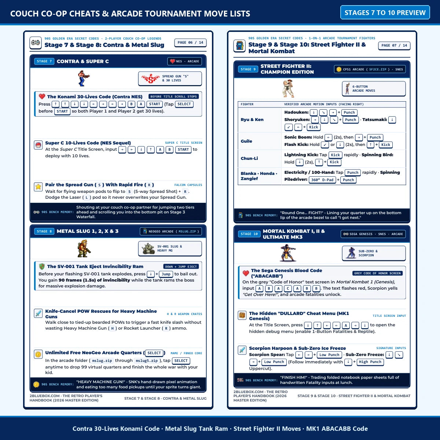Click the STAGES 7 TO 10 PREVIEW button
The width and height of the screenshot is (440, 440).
(385, 12)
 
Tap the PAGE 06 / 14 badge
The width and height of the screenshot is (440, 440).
(190, 43)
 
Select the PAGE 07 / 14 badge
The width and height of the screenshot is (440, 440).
(394, 45)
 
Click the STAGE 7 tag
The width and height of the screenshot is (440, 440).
(44, 61)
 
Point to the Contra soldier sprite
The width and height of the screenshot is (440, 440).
(84, 78)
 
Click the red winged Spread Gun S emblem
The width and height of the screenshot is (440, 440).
(150, 79)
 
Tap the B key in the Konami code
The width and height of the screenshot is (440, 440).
(131, 104)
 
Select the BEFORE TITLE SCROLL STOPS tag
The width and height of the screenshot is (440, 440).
(173, 96)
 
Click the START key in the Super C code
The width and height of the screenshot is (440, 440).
(183, 150)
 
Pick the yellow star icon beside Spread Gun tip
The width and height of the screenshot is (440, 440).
(38, 187)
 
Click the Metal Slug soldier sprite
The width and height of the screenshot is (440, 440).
(84, 249)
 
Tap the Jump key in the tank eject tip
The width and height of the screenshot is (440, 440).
(166, 274)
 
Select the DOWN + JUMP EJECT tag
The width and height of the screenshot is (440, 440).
(181, 267)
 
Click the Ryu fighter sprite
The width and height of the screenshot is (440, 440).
(288, 89)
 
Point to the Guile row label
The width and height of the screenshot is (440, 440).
(246, 141)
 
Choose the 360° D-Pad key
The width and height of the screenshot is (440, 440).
(322, 180)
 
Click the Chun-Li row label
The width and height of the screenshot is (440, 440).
(249, 158)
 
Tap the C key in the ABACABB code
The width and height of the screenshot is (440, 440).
(288, 289)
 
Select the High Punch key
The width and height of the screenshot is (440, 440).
(370, 362)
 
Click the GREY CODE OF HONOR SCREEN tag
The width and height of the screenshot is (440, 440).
(377, 273)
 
